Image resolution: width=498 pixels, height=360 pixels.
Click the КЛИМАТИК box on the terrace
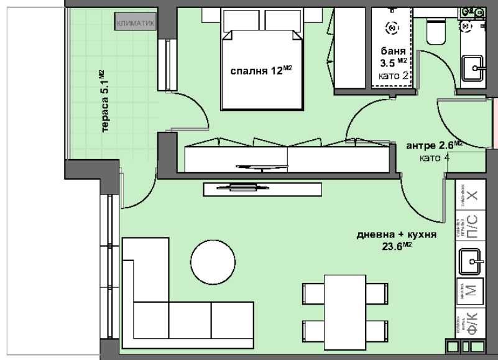click(134, 23)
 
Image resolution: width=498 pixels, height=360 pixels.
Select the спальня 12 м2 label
click(261, 70)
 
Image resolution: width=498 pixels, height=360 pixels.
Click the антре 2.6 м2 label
click(435, 145)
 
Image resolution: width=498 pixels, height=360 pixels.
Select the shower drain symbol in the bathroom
click(392, 27)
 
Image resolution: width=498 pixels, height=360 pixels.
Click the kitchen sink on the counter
click(472, 261)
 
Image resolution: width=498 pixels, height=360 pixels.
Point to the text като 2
click(393, 76)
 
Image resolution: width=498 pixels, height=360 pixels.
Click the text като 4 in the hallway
click(435, 157)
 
